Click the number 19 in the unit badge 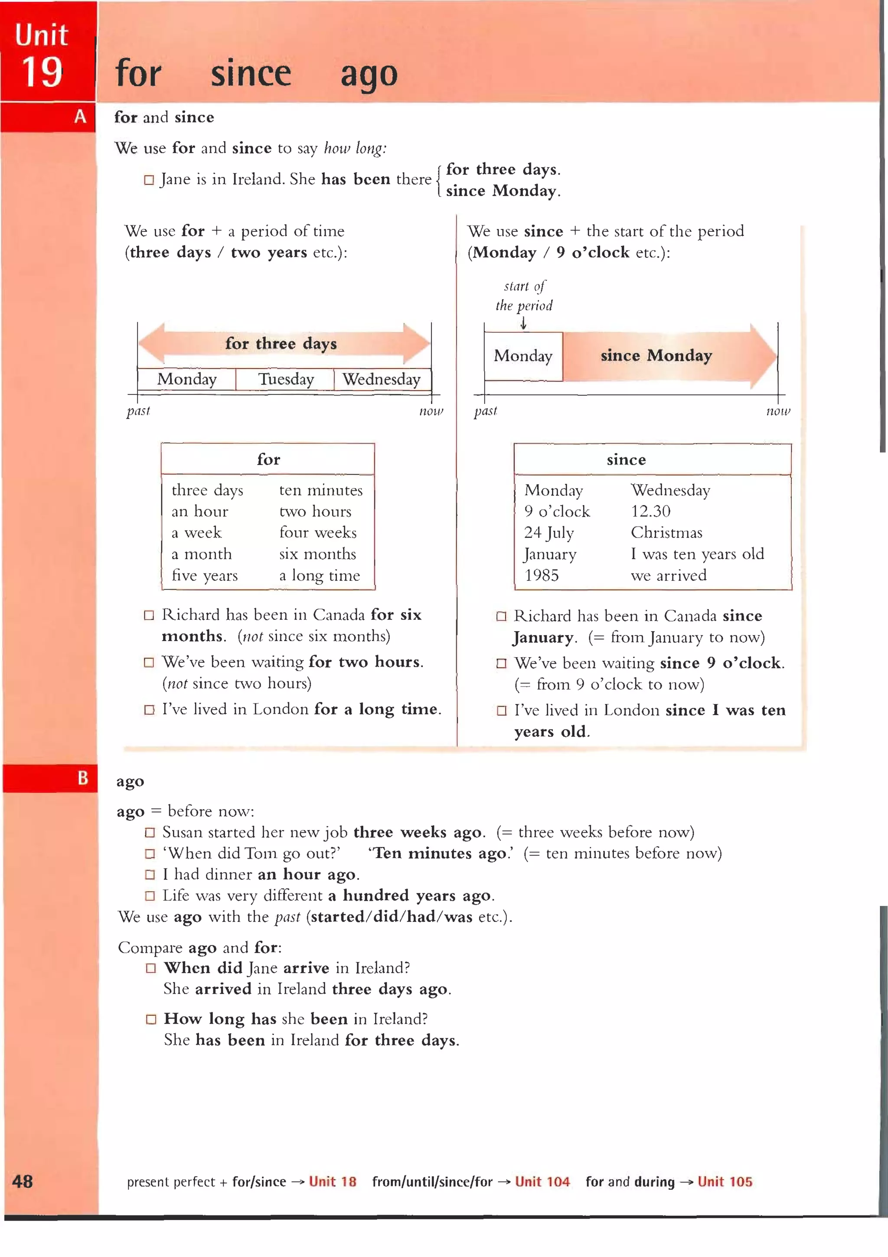[x=42, y=73]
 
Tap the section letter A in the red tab [x=80, y=117]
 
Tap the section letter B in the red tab [x=83, y=778]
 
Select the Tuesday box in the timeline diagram [x=285, y=379]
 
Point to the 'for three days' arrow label [x=281, y=344]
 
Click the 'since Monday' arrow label [x=656, y=356]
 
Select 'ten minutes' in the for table [x=320, y=490]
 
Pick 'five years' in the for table [x=204, y=575]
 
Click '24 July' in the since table [x=548, y=533]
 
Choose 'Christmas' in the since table [x=666, y=533]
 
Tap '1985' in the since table [x=541, y=575]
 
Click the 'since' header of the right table [x=626, y=460]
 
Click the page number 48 [x=23, y=1182]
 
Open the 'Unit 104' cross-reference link [x=542, y=1182]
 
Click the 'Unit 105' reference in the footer [x=724, y=1182]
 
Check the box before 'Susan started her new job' [x=150, y=833]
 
